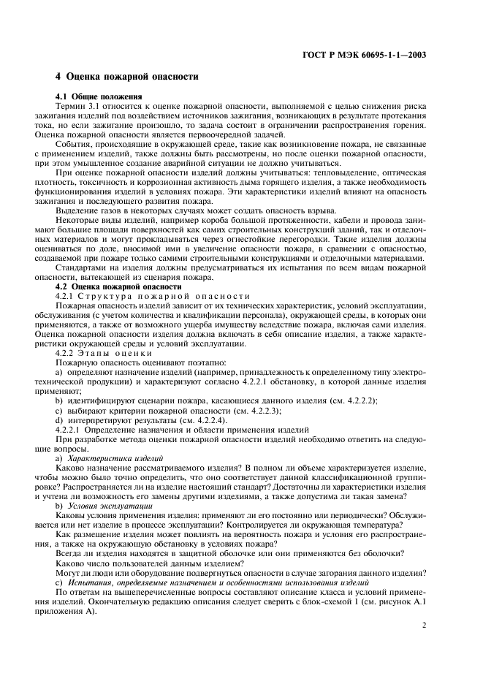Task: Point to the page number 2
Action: [x=425, y=625]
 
